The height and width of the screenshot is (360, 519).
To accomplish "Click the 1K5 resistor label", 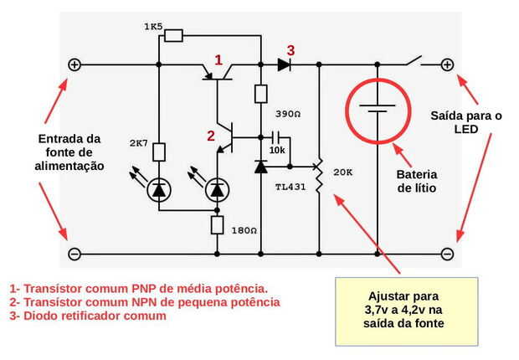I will [x=153, y=27].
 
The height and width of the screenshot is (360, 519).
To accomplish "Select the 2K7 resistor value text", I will [x=138, y=142].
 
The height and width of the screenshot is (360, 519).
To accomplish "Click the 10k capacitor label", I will [x=277, y=150].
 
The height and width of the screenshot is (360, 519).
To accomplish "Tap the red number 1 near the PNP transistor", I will [x=218, y=60].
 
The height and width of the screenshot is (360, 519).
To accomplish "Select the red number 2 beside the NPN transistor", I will [x=212, y=133].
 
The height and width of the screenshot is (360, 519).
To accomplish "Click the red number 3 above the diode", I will [x=290, y=49].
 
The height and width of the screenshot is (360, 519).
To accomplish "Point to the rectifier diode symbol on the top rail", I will [x=283, y=64].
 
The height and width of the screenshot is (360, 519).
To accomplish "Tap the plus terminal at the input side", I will [x=74, y=64].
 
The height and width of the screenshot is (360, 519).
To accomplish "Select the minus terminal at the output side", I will [x=447, y=253].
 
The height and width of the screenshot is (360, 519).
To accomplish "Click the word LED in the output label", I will [x=465, y=130].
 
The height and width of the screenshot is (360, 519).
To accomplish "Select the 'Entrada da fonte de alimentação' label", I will [x=70, y=152].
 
